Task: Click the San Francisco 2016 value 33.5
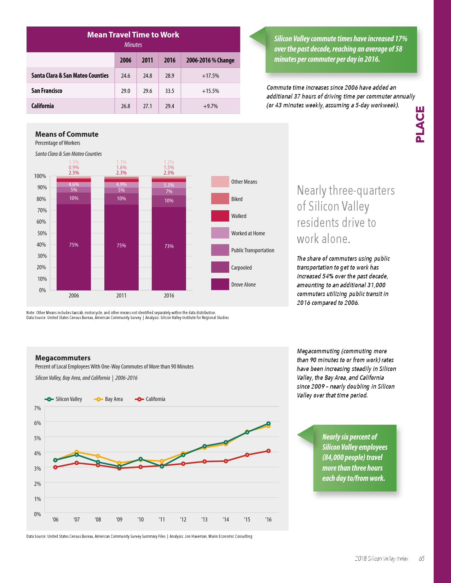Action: [170, 91]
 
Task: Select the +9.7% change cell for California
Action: [210, 106]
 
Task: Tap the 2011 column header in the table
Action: [148, 60]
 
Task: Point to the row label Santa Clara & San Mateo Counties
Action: [70, 76]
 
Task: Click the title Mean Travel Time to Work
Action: [133, 35]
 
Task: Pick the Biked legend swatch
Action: [220, 199]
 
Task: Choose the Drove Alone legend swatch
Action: [220, 284]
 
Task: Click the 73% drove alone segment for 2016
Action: [169, 246]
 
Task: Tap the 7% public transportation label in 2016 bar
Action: [169, 192]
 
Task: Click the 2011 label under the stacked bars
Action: [121, 295]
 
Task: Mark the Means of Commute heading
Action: [67, 134]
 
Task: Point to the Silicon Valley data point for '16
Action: [268, 423]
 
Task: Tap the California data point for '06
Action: [55, 467]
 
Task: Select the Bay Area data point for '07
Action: [77, 452]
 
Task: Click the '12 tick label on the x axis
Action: [183, 519]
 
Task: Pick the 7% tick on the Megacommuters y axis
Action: [37, 408]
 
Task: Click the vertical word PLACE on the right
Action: [420, 124]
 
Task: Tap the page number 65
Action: [422, 559]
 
